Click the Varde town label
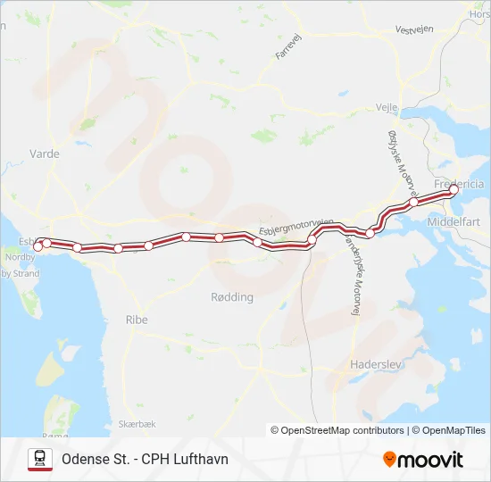[x=45, y=154]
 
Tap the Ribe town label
[x=137, y=320]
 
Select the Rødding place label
[x=232, y=297]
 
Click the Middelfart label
[x=455, y=220]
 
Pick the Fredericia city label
[x=459, y=184]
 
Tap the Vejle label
[x=387, y=106]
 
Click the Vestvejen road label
[x=414, y=29]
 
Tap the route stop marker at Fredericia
[x=454, y=189]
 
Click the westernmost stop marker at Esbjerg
[x=38, y=247]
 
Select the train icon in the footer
[x=39, y=459]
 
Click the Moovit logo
[x=423, y=460]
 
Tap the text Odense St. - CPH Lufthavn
[x=145, y=459]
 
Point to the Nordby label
[x=20, y=257]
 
